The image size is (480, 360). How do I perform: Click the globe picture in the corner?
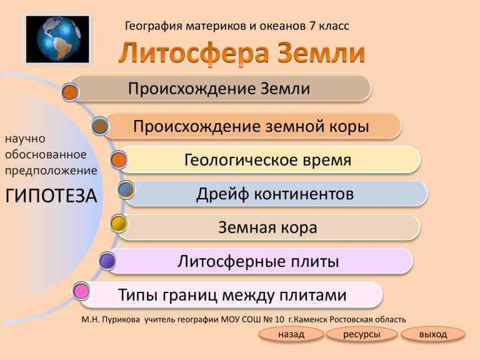point(57,39)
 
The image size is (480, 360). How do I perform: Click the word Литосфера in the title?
point(194,53)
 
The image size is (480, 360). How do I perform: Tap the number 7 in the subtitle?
point(312,26)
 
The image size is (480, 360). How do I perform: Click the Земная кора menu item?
point(269,227)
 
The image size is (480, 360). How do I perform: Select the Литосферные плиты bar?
point(259,261)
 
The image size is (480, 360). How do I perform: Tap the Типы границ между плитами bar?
point(231,295)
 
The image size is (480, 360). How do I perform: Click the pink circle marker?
point(81,291)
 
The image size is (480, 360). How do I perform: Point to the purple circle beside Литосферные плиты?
point(107,261)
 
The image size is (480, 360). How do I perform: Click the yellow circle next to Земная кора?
point(119,224)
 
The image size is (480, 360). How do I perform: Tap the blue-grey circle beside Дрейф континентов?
point(126,190)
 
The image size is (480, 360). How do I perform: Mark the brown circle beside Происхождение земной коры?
point(100,126)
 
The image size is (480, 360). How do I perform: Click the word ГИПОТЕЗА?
point(51,196)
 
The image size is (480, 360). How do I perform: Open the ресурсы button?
point(362,334)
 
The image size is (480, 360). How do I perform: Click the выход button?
point(433,334)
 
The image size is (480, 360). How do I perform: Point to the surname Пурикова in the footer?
point(121,319)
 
